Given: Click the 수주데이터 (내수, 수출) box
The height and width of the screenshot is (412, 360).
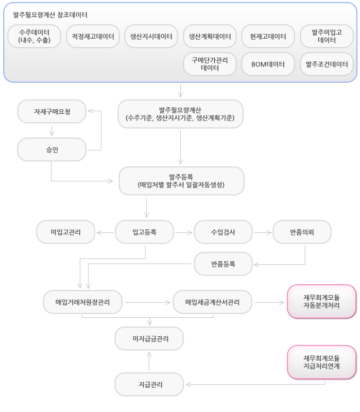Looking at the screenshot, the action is [x=35, y=36].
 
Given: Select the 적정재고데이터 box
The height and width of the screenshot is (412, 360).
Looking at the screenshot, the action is [x=93, y=36].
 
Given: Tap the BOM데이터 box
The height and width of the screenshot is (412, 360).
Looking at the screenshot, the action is [x=268, y=64].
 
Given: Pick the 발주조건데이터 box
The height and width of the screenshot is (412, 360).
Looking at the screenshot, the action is [x=327, y=64].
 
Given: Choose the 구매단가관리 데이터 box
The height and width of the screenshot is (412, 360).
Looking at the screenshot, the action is [x=210, y=64].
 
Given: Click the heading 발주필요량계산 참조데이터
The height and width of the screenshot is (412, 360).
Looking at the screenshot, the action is [x=50, y=15].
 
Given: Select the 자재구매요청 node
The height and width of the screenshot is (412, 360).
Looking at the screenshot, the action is [x=52, y=111].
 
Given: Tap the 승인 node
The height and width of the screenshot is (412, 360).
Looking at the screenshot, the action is [x=52, y=149].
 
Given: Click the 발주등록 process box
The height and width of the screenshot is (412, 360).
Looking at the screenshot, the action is [x=181, y=181].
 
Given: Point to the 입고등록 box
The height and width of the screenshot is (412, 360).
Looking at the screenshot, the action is [x=145, y=232].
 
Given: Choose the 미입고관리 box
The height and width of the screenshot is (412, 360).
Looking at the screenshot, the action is [x=66, y=232].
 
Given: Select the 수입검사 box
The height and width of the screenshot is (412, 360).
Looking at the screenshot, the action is [x=224, y=232].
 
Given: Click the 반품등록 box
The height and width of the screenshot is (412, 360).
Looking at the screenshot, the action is [x=224, y=264].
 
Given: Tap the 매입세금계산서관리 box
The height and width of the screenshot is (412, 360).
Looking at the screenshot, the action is [x=213, y=302].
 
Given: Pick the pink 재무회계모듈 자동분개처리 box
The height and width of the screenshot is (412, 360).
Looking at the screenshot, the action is [x=322, y=301].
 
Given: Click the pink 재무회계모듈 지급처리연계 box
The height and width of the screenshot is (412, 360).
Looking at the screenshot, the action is [x=322, y=362].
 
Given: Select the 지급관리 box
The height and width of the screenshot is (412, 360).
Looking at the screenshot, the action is [x=149, y=384].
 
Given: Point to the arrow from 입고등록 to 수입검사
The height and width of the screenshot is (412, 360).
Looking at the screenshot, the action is [x=184, y=233].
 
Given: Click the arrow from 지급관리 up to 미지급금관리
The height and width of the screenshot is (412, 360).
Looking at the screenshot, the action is [x=149, y=362].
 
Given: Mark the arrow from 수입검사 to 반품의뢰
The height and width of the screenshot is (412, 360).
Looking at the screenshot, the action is [x=263, y=233].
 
